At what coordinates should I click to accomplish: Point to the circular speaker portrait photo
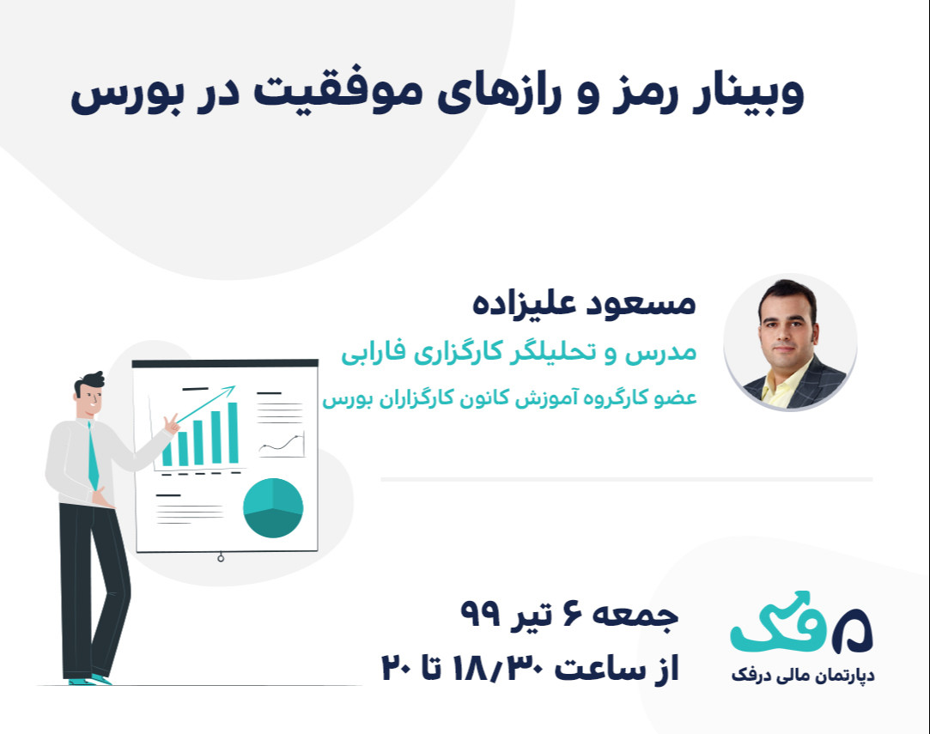[x=790, y=343]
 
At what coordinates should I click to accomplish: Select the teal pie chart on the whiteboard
[x=273, y=508]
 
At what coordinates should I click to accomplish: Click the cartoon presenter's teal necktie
[x=93, y=455]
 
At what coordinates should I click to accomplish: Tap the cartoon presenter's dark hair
[x=88, y=382]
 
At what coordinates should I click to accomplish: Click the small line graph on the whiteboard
[x=281, y=446]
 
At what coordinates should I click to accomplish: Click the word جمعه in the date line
[x=641, y=615]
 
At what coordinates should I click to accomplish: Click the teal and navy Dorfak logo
[x=801, y=621]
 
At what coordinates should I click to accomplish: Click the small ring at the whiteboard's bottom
[x=221, y=559]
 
